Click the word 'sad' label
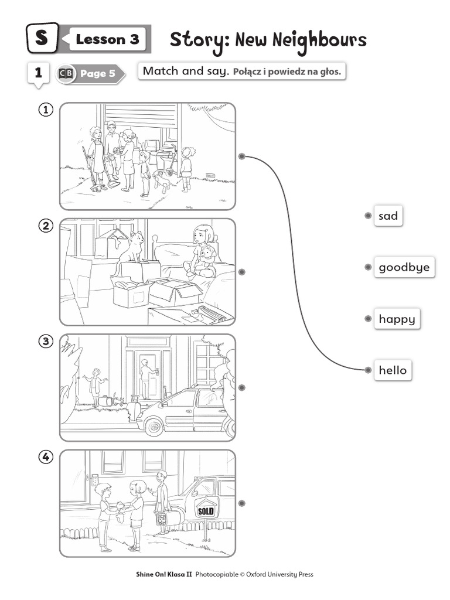pos(388,216)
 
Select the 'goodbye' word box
pos(404,267)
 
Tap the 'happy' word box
pos(397,319)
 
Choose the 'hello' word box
pos(393,370)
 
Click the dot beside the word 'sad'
pos(368,216)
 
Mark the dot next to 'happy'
pos(368,319)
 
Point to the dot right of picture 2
pos(241,272)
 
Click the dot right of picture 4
pos(241,503)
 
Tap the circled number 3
pos(46,341)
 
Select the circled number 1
pos(46,110)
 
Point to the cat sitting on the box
pos(131,248)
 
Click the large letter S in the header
pos(42,38)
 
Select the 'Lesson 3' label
pos(108,39)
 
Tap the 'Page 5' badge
pos(91,73)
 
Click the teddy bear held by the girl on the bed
pos(207,257)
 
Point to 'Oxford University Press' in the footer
pos(279,574)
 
